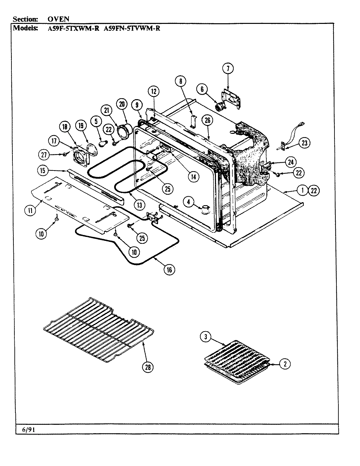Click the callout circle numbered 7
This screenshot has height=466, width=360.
click(x=228, y=68)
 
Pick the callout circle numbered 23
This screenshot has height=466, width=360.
click(x=304, y=143)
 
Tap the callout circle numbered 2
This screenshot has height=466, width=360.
click(x=285, y=364)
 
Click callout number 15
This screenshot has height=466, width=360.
click(x=43, y=170)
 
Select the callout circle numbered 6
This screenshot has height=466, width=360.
click(x=202, y=88)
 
